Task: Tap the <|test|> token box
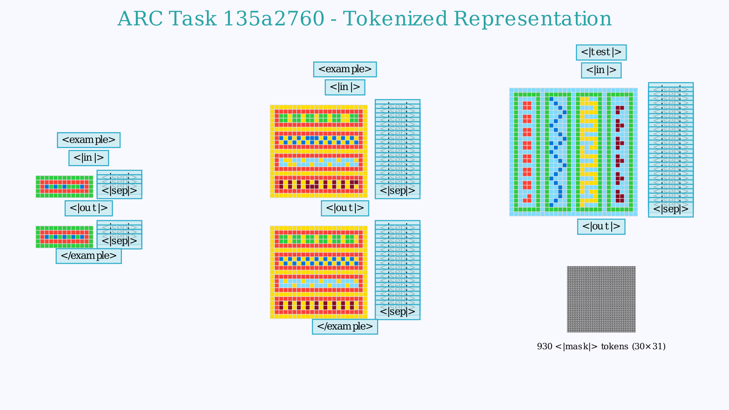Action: (601, 52)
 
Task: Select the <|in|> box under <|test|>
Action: (601, 70)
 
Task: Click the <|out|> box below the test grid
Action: (601, 227)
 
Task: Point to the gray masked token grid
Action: (601, 299)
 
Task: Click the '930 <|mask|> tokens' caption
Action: (601, 346)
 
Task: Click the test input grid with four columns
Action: (573, 152)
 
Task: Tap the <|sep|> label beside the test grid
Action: (671, 209)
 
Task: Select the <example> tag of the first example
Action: (88, 140)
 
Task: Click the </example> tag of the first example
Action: (88, 256)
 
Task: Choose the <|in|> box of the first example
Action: (88, 158)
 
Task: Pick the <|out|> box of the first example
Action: (88, 208)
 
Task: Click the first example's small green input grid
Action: (64, 186)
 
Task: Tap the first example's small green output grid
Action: (64, 237)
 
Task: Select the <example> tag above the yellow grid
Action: (345, 69)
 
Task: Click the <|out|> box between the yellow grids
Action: (345, 208)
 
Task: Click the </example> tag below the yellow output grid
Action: (345, 326)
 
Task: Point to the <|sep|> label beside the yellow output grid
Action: (397, 312)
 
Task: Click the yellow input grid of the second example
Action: (319, 151)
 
